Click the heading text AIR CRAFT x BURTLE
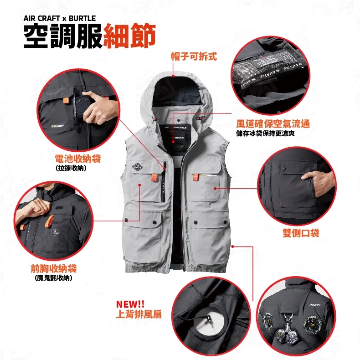point(60,18)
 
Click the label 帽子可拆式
point(194,56)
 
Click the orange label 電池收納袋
point(77,159)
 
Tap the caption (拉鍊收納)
point(71,168)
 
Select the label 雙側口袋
point(301,233)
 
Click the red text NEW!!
point(130,304)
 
